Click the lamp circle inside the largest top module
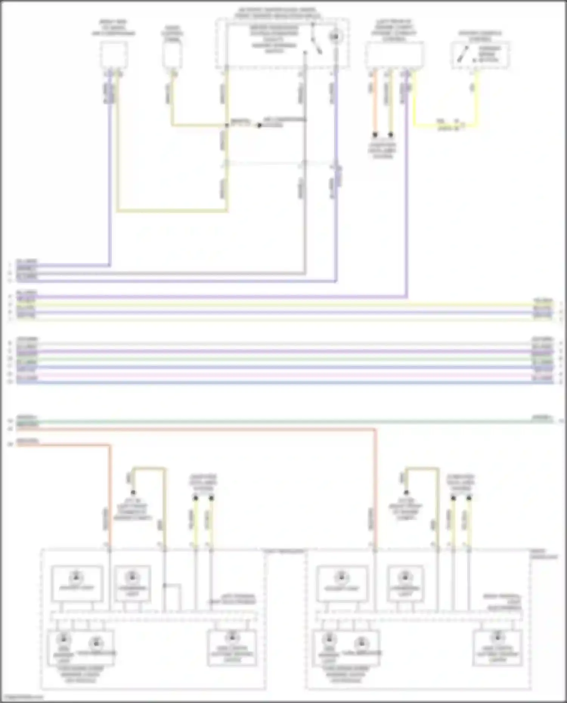[335, 37]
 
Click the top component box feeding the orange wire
[394, 55]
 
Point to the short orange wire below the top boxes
[375, 102]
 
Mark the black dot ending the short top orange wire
[375, 134]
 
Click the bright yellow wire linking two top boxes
[446, 125]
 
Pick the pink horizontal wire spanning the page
[283, 375]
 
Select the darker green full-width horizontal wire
[283, 421]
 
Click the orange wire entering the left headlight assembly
[110, 499]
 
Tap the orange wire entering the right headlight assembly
[375, 491]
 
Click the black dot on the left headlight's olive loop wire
[133, 493]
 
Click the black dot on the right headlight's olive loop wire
[406, 493]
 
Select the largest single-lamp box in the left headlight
[77, 583]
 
